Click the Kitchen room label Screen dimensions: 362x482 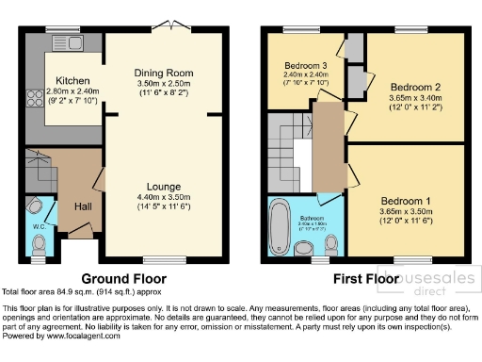click(72, 80)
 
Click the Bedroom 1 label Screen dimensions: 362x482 click(405, 200)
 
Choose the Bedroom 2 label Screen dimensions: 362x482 click(415, 86)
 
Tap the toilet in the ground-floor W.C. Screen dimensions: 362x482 click(38, 245)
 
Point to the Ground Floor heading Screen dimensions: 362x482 click(123, 279)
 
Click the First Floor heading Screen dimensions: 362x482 click(363, 279)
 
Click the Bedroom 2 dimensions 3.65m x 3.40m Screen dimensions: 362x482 click(415, 96)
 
